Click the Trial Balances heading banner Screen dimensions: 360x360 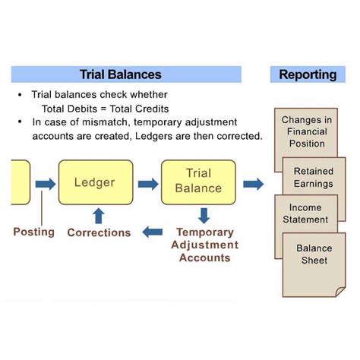(126, 74)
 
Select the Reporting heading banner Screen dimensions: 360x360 (308, 74)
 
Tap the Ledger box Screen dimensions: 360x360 (94, 183)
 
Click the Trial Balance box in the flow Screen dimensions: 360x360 (198, 182)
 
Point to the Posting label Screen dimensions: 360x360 (33, 232)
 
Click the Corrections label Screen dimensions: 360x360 (99, 232)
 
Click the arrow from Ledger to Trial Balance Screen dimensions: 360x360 (148, 183)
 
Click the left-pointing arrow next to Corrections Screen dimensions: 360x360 (154, 232)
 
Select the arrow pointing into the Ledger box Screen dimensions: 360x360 (46, 183)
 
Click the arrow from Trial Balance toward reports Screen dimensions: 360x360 (253, 183)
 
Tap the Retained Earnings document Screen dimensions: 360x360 (314, 178)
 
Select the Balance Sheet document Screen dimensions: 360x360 (313, 254)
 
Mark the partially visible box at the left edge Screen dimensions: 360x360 (20, 182)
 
